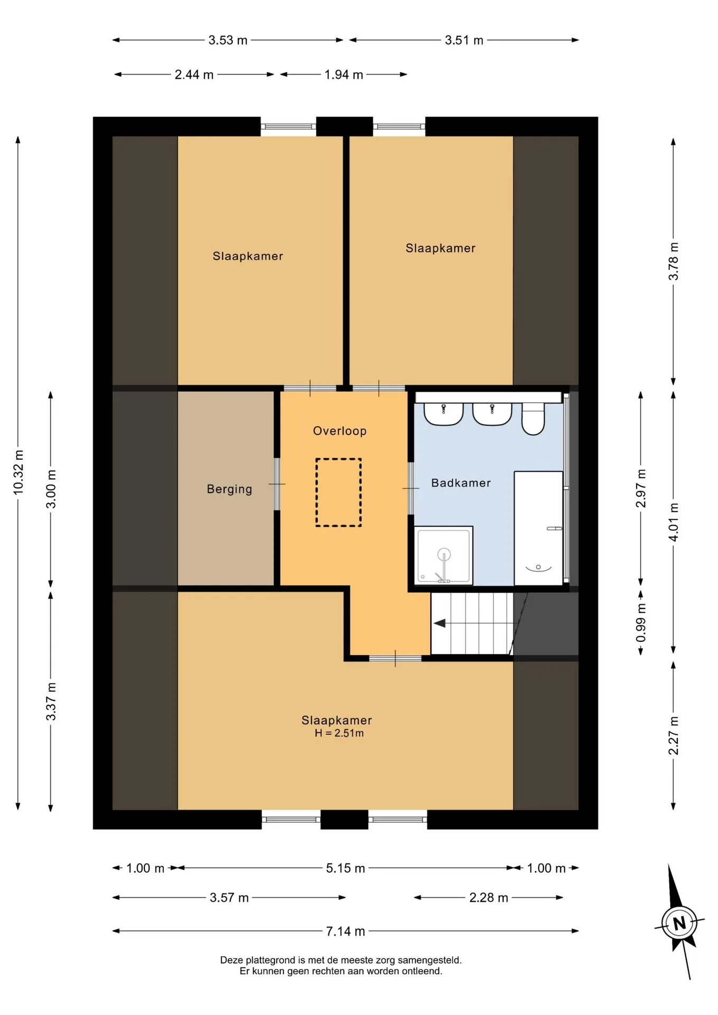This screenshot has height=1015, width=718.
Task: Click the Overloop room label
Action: pos(339,431)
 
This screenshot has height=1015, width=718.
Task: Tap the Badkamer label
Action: pos(461,483)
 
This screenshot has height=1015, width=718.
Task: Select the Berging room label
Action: pos(229,489)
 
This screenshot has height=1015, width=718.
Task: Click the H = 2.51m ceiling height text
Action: pos(339,733)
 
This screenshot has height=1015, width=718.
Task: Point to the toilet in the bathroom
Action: pos(533,418)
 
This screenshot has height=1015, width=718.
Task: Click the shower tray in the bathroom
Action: pos(444,556)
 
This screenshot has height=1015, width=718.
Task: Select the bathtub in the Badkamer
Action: pos(538,528)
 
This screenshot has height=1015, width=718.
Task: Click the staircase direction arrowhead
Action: pos(439,623)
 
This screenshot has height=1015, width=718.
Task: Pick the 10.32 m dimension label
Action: pos(19,472)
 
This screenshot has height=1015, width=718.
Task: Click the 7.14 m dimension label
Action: pos(345,931)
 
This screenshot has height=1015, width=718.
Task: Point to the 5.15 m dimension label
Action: pos(345,868)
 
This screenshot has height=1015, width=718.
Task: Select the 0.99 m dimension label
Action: pos(641,623)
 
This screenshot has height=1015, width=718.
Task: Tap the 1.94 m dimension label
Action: pos(344,75)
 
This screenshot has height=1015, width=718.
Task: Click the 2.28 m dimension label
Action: pos(489,898)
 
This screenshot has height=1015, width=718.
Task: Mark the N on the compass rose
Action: pos(679,923)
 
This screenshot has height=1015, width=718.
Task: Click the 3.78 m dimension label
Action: pos(673,261)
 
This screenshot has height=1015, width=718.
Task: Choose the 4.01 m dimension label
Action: pos(673,522)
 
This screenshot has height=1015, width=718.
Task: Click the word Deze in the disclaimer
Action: pos(232,960)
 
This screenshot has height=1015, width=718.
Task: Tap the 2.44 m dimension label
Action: pos(194,75)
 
